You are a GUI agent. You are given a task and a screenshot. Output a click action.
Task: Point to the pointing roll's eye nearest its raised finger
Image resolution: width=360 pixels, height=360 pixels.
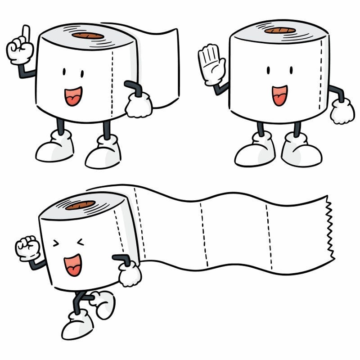pos(64,72)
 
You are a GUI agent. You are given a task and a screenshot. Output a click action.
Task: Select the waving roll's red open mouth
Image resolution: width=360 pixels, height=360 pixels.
pos(279,95)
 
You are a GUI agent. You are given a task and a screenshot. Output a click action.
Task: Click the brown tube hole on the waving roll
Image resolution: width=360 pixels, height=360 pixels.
pos(280,30)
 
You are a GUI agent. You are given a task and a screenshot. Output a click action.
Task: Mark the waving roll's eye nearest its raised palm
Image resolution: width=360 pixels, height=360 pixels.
pos(269,71)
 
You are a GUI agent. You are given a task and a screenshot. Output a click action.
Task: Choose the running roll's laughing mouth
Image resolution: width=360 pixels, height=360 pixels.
pos(73,265)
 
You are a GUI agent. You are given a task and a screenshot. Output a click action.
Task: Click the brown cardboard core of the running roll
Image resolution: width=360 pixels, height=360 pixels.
pos(80,205)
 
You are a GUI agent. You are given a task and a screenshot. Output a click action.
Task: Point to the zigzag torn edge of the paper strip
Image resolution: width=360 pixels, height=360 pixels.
pos(330,229)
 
